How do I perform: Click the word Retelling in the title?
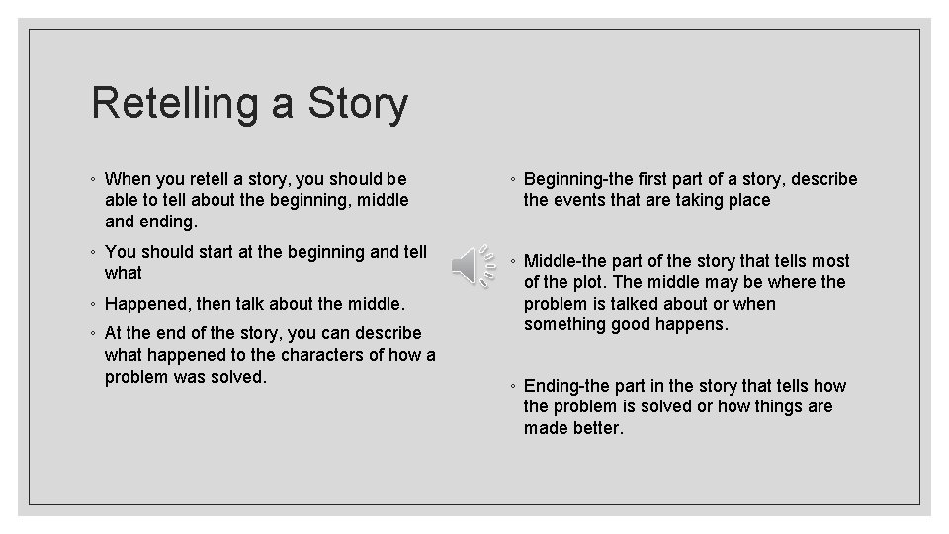(x=173, y=104)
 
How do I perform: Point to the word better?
(x=595, y=428)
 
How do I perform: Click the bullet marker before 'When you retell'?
(x=92, y=180)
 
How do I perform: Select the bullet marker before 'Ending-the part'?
(x=511, y=387)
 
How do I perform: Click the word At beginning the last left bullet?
(x=116, y=333)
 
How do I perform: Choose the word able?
(x=122, y=200)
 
